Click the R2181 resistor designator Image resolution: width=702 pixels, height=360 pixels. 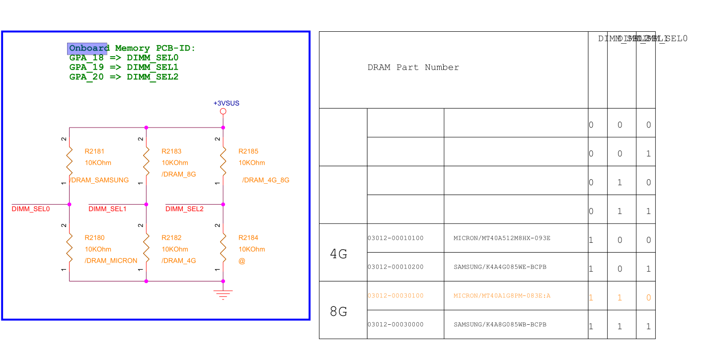click(x=94, y=151)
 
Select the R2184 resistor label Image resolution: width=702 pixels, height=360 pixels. click(x=248, y=238)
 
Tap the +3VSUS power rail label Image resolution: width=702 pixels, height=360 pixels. click(x=226, y=103)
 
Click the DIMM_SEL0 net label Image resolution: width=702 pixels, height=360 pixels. click(x=31, y=209)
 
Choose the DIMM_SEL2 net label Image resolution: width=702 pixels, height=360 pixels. click(x=184, y=209)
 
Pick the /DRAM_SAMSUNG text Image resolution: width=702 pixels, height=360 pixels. click(x=99, y=180)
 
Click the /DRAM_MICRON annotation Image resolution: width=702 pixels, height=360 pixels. click(x=111, y=261)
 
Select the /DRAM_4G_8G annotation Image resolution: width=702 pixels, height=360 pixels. click(x=265, y=180)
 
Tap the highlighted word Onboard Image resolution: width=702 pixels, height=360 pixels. click(x=88, y=48)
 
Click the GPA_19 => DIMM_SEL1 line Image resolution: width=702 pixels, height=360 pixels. click(x=124, y=67)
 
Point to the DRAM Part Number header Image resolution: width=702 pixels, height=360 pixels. click(x=413, y=68)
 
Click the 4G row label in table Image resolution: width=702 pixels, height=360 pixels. click(x=339, y=254)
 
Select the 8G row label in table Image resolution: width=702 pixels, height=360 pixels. click(x=339, y=312)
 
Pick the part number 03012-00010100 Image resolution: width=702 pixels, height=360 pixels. click(x=395, y=238)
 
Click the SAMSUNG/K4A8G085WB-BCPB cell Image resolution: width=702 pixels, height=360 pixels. click(x=500, y=325)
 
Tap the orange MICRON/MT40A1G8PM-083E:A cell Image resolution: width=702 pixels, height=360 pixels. click(x=502, y=296)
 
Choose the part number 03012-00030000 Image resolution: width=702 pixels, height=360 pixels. click(x=395, y=325)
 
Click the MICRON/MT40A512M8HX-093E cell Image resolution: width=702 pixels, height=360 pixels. click(x=502, y=238)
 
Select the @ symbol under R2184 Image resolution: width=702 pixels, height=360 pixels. click(x=242, y=261)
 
